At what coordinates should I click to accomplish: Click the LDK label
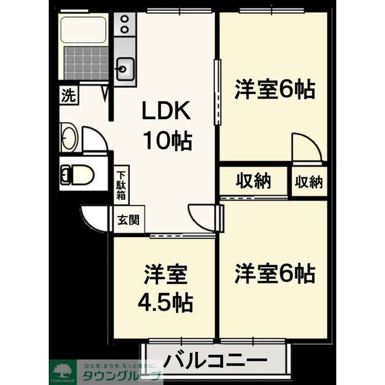tap(166, 112)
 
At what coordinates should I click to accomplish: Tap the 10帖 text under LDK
tap(166, 141)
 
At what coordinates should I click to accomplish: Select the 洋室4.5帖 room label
tap(165, 288)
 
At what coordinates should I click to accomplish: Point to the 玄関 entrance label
tap(128, 219)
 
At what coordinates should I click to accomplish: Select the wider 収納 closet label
tap(253, 180)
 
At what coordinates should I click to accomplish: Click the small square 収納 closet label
tap(309, 181)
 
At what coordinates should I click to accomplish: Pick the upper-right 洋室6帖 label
tap(274, 90)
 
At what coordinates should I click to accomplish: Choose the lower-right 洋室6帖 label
tap(274, 274)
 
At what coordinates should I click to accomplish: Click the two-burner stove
tap(125, 23)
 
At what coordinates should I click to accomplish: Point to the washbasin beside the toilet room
tap(68, 138)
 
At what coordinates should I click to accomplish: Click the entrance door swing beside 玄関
tap(95, 217)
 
